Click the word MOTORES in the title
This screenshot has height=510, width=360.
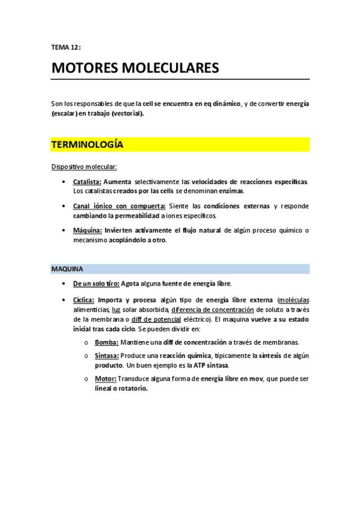point(85,68)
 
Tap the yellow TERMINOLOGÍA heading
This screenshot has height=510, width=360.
point(87,145)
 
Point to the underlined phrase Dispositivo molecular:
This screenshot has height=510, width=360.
point(84,166)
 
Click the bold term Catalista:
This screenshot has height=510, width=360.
point(87,181)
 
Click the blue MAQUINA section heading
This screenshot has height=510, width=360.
point(67,269)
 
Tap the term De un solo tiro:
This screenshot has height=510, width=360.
point(96,283)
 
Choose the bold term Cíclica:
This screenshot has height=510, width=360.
point(84,300)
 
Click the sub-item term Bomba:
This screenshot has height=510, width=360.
point(106,342)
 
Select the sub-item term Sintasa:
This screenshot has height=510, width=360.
point(106,355)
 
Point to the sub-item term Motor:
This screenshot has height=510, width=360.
point(106,378)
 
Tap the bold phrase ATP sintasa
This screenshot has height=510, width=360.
point(210,365)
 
